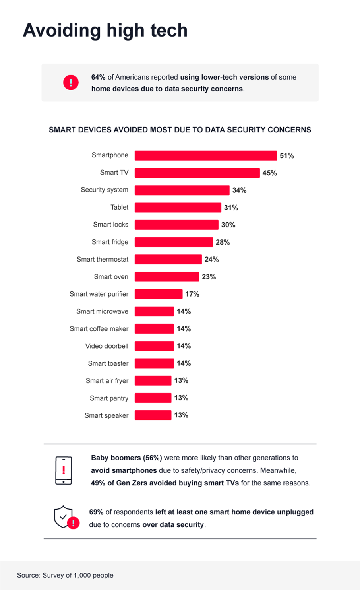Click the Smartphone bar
205,155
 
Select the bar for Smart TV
197,173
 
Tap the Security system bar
182,190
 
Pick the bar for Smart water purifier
159,294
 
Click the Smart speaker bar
153,415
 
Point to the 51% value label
286,156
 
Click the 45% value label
269,173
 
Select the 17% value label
192,294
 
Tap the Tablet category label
119,207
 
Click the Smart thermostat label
103,259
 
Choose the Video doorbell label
106,346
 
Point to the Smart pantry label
109,398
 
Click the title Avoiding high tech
105,31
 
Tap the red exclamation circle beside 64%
71,82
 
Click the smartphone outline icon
64,470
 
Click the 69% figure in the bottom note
96,512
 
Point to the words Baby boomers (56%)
126,458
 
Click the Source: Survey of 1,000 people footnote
65,575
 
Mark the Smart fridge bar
174,242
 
